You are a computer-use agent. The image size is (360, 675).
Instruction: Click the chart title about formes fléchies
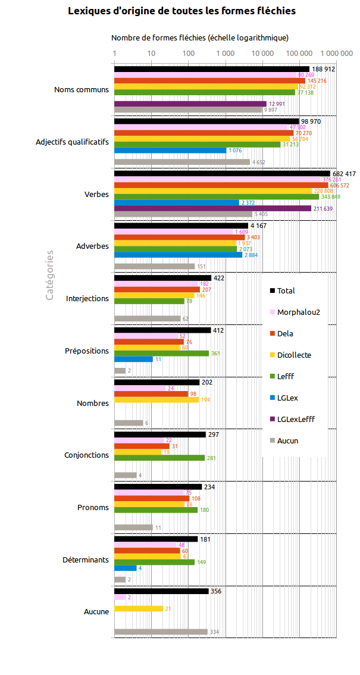(x=181, y=11)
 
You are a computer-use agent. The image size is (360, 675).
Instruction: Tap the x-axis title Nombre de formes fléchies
(x=200, y=37)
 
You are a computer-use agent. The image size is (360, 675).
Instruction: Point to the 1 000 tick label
(x=226, y=54)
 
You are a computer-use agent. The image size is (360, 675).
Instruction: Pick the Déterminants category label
(x=86, y=560)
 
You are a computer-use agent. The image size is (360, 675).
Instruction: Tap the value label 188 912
(x=324, y=69)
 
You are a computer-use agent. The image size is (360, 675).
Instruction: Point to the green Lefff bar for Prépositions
(x=161, y=354)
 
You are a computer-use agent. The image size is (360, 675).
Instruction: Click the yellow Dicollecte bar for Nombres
(x=156, y=400)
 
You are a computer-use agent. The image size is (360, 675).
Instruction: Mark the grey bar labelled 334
(x=161, y=632)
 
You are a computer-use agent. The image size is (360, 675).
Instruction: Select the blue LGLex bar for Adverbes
(x=178, y=255)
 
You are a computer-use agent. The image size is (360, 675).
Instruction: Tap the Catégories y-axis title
(x=50, y=274)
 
